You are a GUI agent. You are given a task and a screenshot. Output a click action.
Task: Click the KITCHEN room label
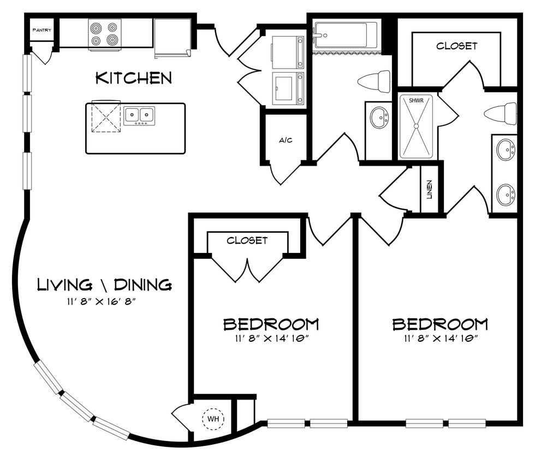point(134,78)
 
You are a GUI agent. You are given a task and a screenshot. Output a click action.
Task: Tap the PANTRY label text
point(42,30)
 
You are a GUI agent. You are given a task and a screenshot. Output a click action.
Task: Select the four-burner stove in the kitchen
point(105,34)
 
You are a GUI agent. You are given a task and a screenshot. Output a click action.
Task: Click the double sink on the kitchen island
point(139,115)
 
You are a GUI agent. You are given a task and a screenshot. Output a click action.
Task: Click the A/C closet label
point(286,140)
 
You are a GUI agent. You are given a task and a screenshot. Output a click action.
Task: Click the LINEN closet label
point(430,189)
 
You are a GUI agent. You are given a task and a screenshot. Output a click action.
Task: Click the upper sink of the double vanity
point(505,149)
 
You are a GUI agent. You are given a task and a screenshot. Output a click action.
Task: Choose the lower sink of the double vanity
point(505,194)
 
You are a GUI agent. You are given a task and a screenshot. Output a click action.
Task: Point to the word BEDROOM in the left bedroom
point(271,324)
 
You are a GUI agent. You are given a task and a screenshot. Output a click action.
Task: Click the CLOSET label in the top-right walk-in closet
point(456,46)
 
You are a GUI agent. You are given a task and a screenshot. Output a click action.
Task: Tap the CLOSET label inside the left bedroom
point(247,240)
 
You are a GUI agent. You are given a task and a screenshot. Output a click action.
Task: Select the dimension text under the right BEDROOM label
point(441,338)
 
